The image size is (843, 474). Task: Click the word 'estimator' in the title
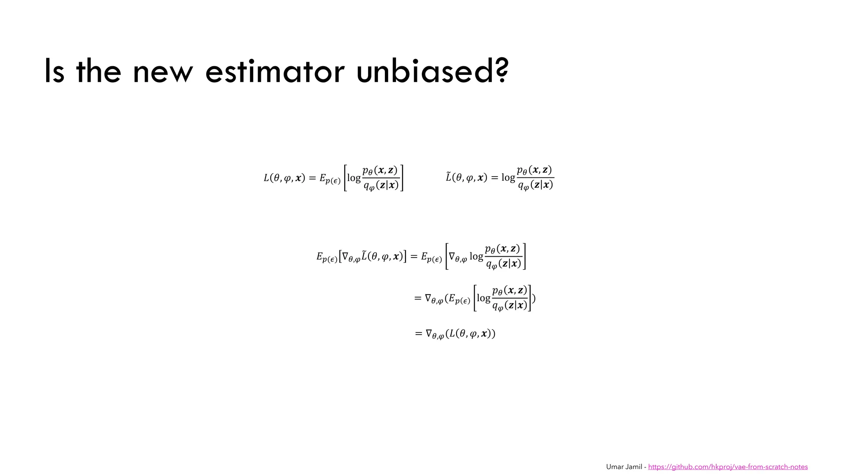[275, 72]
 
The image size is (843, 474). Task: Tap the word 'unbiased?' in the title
[432, 72]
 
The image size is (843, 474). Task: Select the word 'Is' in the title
[54, 72]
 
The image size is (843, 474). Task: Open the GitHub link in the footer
[728, 467]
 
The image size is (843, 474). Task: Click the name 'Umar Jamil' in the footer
[624, 467]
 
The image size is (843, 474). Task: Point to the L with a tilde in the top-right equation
[449, 177]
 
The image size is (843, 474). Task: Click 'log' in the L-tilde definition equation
[508, 178]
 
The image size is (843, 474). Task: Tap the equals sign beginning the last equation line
[419, 333]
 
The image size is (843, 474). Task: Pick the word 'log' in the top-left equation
[354, 178]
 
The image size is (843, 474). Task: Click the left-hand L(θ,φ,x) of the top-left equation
[284, 178]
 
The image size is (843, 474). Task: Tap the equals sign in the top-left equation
[312, 178]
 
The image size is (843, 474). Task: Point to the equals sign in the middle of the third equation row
[414, 257]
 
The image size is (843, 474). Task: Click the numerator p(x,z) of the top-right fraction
[534, 170]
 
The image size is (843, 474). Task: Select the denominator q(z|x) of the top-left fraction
[381, 186]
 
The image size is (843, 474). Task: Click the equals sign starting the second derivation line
[418, 298]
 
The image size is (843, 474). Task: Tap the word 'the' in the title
[99, 72]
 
